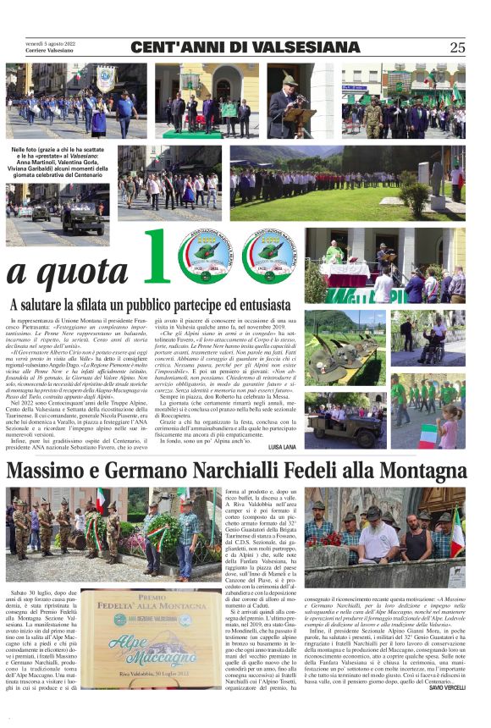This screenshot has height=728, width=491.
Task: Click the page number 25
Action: pyautogui.click(x=458, y=48)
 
